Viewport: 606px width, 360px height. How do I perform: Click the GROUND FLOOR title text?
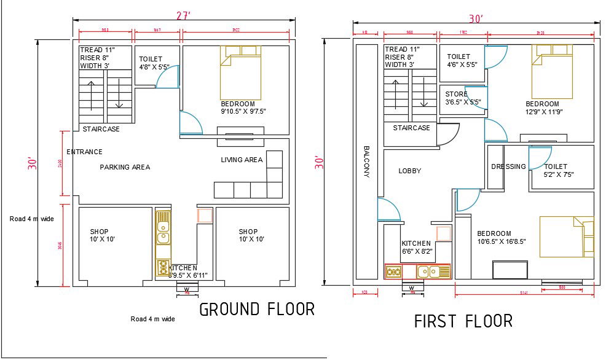(x=257, y=309)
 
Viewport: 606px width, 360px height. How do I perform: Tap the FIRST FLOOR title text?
(x=463, y=321)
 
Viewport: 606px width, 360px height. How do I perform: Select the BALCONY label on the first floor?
(x=366, y=162)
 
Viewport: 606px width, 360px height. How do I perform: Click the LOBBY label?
(x=409, y=171)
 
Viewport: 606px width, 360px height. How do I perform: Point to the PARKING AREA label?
(x=125, y=167)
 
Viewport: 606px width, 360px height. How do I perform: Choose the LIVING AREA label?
(x=242, y=160)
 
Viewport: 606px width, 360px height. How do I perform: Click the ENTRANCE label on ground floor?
(x=84, y=152)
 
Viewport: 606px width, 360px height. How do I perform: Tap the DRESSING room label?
(x=508, y=166)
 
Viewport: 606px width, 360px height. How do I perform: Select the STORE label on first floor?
(x=457, y=94)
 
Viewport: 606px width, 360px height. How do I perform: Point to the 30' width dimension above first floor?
(x=475, y=18)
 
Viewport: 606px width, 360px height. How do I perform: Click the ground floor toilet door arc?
(x=168, y=77)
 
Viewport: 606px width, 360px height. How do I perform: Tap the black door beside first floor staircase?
(x=449, y=133)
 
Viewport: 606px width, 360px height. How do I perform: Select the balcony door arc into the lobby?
(x=388, y=210)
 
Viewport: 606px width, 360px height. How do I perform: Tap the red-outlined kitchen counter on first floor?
(x=417, y=272)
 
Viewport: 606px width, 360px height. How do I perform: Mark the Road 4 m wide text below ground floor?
(x=153, y=319)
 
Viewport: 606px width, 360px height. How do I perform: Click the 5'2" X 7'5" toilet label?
(x=559, y=170)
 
